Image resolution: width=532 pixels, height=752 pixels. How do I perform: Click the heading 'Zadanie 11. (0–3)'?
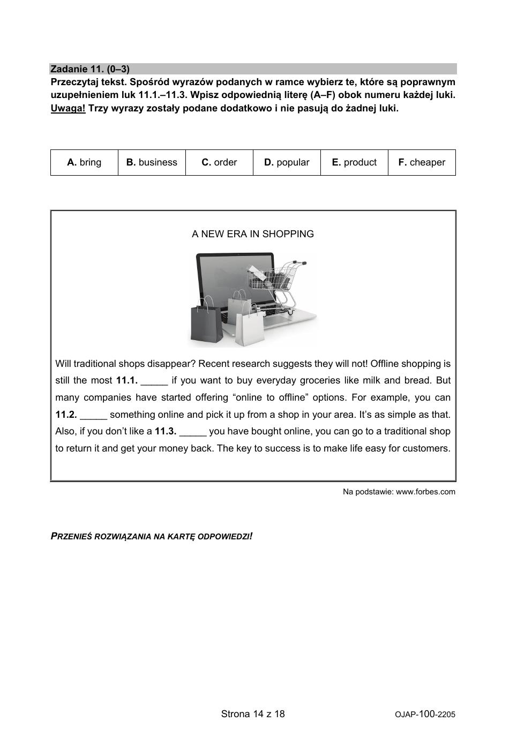(x=90, y=69)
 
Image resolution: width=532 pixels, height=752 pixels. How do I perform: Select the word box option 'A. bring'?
(x=84, y=162)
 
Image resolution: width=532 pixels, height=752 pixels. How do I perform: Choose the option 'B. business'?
(x=152, y=162)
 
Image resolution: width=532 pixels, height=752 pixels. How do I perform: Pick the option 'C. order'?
(x=219, y=162)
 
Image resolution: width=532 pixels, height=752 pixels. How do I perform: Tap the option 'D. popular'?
(x=287, y=162)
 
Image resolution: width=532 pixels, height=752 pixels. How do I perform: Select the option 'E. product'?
(x=354, y=162)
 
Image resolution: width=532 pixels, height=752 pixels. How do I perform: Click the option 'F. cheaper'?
(x=422, y=162)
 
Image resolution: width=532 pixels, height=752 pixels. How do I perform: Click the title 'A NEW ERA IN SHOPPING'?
(x=253, y=234)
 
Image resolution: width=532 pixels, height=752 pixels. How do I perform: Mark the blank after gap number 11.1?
(x=154, y=381)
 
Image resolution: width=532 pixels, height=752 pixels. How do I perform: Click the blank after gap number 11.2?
(x=94, y=415)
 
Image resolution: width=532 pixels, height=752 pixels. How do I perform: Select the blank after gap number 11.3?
(x=193, y=432)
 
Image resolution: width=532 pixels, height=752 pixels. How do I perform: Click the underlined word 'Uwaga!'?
(x=68, y=108)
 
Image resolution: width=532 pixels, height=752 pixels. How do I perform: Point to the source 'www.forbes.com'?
(x=425, y=492)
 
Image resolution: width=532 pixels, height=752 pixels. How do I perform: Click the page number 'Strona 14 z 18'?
(x=253, y=713)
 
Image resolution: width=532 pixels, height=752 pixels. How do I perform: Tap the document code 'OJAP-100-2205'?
(x=425, y=715)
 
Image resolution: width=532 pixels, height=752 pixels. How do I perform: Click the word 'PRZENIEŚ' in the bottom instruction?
(x=71, y=536)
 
